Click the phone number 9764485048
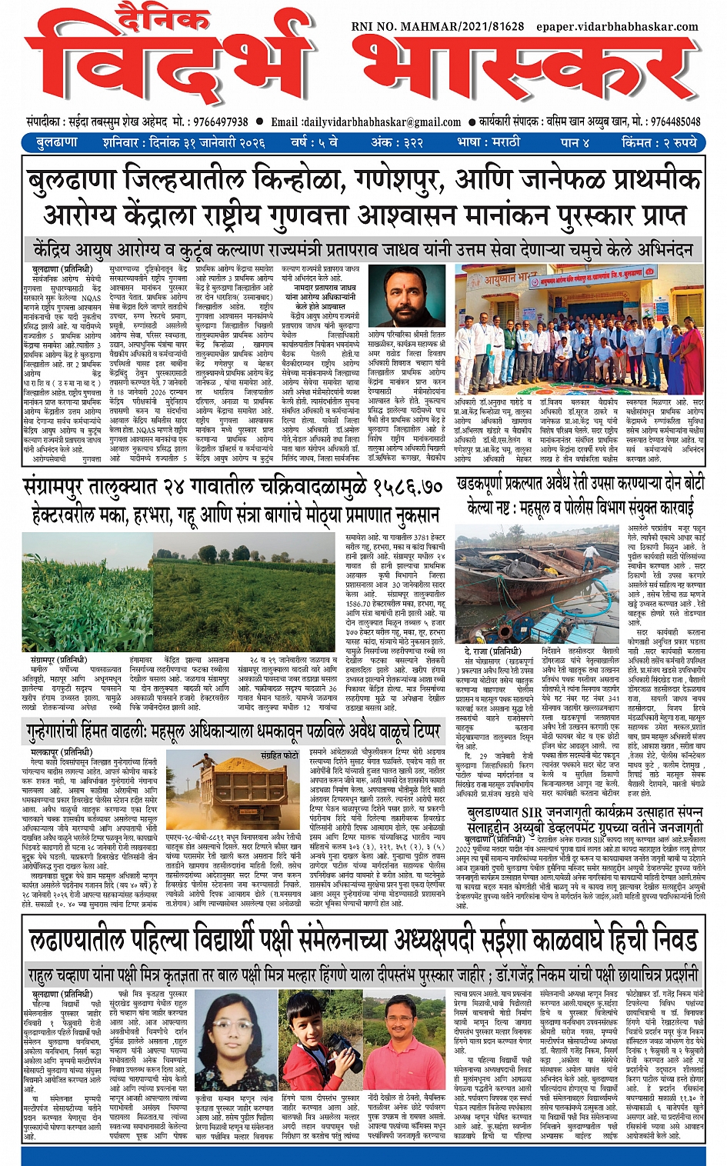tap(675, 122)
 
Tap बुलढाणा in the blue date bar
tap(56, 142)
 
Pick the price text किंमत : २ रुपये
tap(659, 142)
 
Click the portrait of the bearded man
tap(406, 295)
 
